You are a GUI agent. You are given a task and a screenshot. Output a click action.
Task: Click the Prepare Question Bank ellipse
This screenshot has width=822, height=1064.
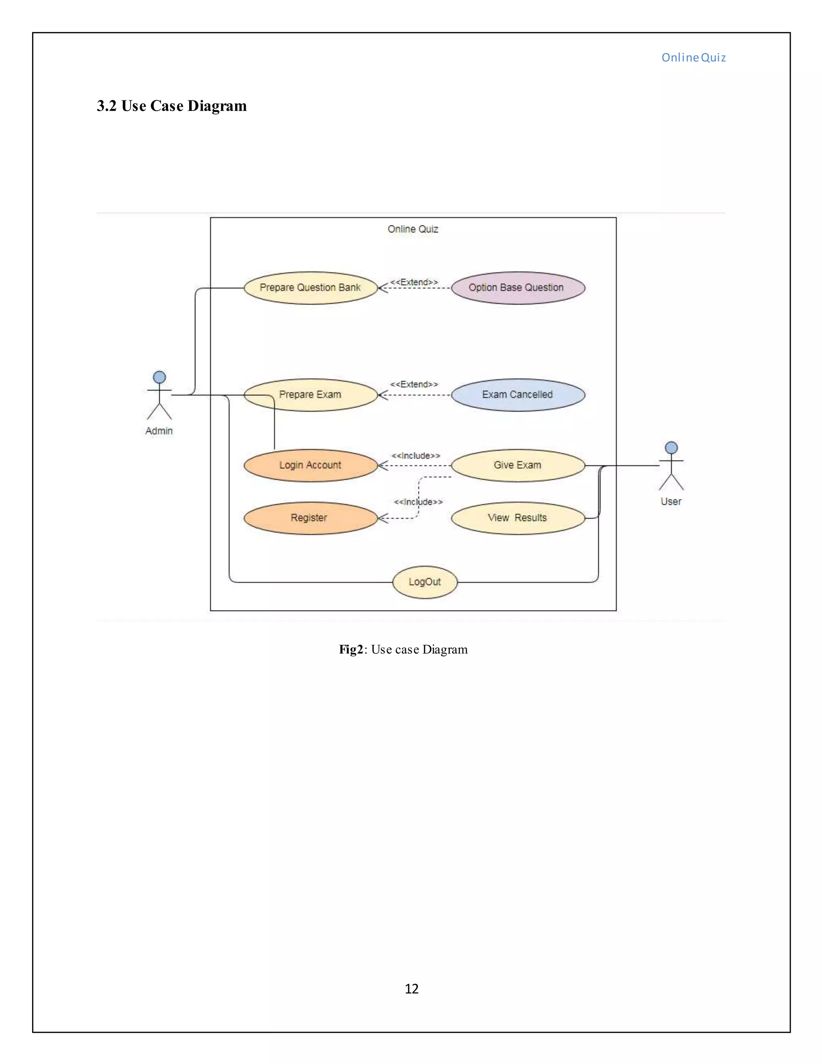click(310, 288)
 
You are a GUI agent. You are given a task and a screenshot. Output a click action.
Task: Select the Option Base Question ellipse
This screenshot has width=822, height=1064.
click(518, 288)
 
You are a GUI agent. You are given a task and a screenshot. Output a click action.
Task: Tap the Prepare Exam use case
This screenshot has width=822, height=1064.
click(310, 395)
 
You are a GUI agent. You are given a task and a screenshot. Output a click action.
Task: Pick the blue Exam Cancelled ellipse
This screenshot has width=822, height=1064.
click(518, 395)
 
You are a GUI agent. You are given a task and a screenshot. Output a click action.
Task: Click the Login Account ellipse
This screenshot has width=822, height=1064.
click(310, 465)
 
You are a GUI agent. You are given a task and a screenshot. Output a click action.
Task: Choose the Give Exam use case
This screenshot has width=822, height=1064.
click(518, 465)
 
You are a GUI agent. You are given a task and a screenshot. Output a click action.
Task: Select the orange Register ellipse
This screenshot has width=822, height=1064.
click(310, 518)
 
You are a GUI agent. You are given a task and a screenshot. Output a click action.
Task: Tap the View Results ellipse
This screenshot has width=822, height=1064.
click(518, 518)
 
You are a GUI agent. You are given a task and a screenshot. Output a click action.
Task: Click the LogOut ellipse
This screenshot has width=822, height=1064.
click(425, 582)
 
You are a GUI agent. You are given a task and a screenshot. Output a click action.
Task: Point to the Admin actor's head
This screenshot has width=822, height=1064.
click(159, 377)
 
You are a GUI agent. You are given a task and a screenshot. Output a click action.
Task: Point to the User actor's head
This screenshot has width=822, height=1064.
click(671, 447)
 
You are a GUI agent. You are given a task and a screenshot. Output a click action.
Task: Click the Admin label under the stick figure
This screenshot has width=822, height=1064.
click(159, 431)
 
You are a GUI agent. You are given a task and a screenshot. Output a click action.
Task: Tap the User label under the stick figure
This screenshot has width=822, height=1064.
click(671, 501)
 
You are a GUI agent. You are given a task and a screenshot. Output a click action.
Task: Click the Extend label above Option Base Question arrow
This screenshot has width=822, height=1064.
click(414, 282)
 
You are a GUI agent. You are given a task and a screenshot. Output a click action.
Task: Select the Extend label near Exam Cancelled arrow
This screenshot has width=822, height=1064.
click(414, 384)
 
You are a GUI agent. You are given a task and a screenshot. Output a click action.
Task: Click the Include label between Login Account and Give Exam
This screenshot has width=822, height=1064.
click(416, 456)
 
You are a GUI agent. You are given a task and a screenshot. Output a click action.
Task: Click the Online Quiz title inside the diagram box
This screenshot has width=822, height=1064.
click(413, 229)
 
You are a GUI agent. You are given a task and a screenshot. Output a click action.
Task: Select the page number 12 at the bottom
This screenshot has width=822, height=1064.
click(411, 989)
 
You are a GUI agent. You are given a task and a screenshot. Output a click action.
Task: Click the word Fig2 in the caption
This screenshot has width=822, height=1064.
click(351, 649)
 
